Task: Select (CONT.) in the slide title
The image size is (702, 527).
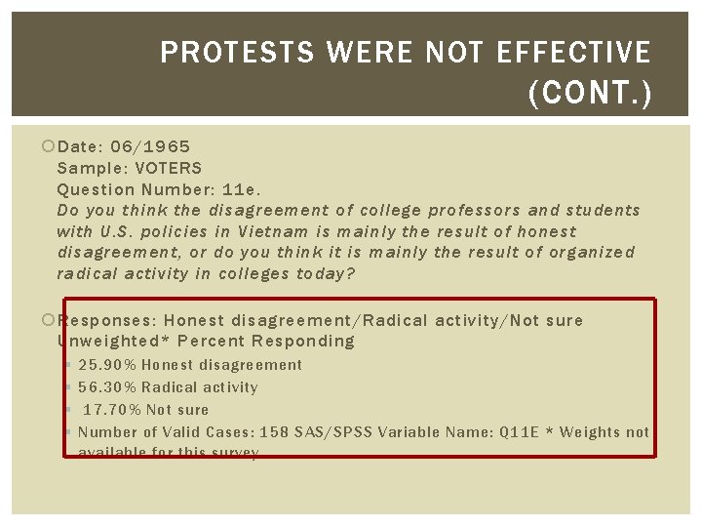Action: pyautogui.click(x=589, y=94)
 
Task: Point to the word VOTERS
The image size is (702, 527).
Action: pyautogui.click(x=169, y=168)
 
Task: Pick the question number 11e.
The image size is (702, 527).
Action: pyautogui.click(x=241, y=189)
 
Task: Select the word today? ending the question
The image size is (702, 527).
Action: pyautogui.click(x=324, y=273)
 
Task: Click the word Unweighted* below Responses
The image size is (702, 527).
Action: pyautogui.click(x=109, y=342)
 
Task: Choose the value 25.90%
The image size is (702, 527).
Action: pyautogui.click(x=108, y=365)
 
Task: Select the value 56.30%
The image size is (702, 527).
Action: pyautogui.click(x=108, y=387)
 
